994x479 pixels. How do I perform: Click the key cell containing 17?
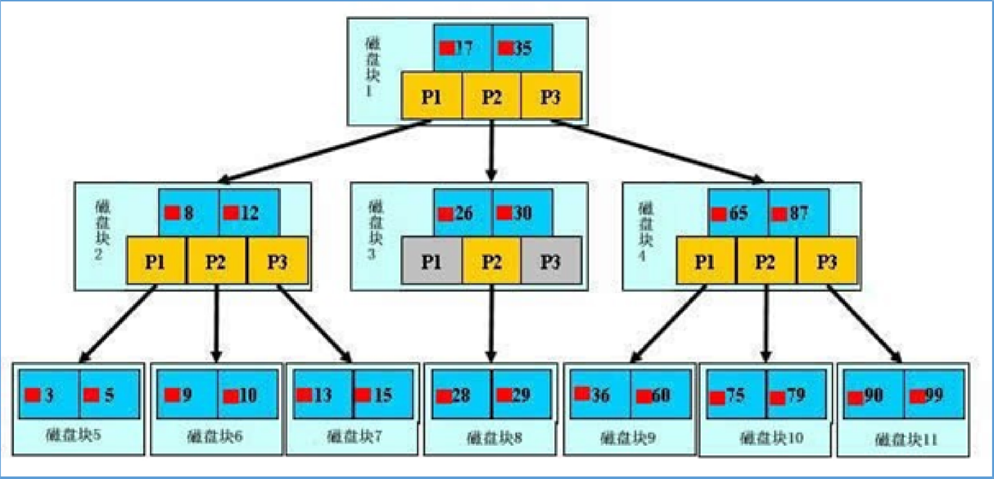(463, 49)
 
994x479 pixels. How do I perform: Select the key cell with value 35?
(522, 49)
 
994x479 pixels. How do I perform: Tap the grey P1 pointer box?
(431, 262)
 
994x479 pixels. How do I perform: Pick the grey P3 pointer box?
(551, 262)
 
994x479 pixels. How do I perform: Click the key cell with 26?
(463, 213)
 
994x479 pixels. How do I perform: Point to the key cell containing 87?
(798, 213)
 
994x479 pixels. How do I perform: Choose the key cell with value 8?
(189, 213)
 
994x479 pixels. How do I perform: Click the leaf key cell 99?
(934, 395)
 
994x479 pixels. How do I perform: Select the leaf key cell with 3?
(49, 395)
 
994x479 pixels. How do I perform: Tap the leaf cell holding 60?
(661, 395)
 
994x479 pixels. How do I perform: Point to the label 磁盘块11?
(904, 439)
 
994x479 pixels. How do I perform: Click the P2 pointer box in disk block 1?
(492, 96)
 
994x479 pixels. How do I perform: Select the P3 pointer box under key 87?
(827, 262)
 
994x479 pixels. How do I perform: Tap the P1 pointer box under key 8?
(156, 262)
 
